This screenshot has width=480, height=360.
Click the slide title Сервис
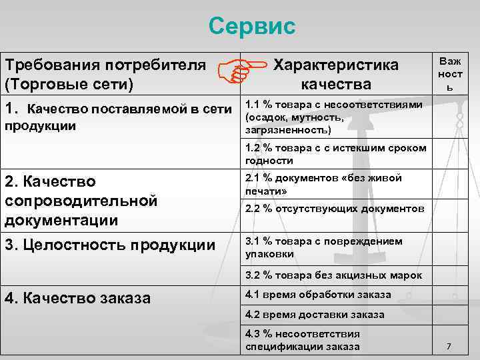click(x=251, y=27)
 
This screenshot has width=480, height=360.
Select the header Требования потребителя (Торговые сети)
click(x=105, y=74)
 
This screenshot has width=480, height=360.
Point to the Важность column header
click(x=449, y=74)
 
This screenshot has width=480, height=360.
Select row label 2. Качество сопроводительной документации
click(x=80, y=201)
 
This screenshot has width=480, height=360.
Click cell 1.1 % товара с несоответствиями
click(x=334, y=117)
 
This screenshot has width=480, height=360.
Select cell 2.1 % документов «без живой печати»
click(x=324, y=184)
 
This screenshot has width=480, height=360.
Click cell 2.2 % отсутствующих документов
click(x=334, y=209)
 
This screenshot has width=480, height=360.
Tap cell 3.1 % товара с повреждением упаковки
click(x=324, y=247)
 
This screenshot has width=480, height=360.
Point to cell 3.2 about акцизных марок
click(x=334, y=274)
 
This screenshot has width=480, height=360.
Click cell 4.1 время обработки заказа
click(x=318, y=294)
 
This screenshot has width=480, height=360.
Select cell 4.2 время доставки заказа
click(x=315, y=314)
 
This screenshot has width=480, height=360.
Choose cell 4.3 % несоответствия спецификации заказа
click(x=303, y=340)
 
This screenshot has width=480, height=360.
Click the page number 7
click(x=449, y=347)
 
